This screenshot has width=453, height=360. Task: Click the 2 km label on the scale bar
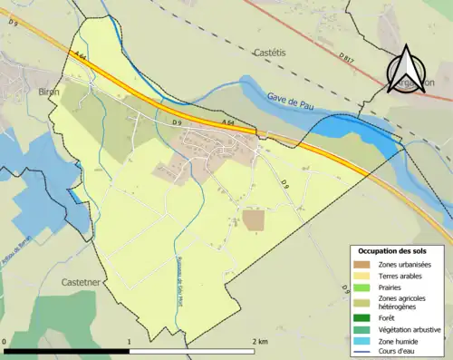pos(261,341)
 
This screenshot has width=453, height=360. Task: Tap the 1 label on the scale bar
pos(130,341)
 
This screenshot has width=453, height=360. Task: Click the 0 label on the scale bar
pos(5,341)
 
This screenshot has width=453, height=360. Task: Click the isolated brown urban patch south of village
pos(254,220)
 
